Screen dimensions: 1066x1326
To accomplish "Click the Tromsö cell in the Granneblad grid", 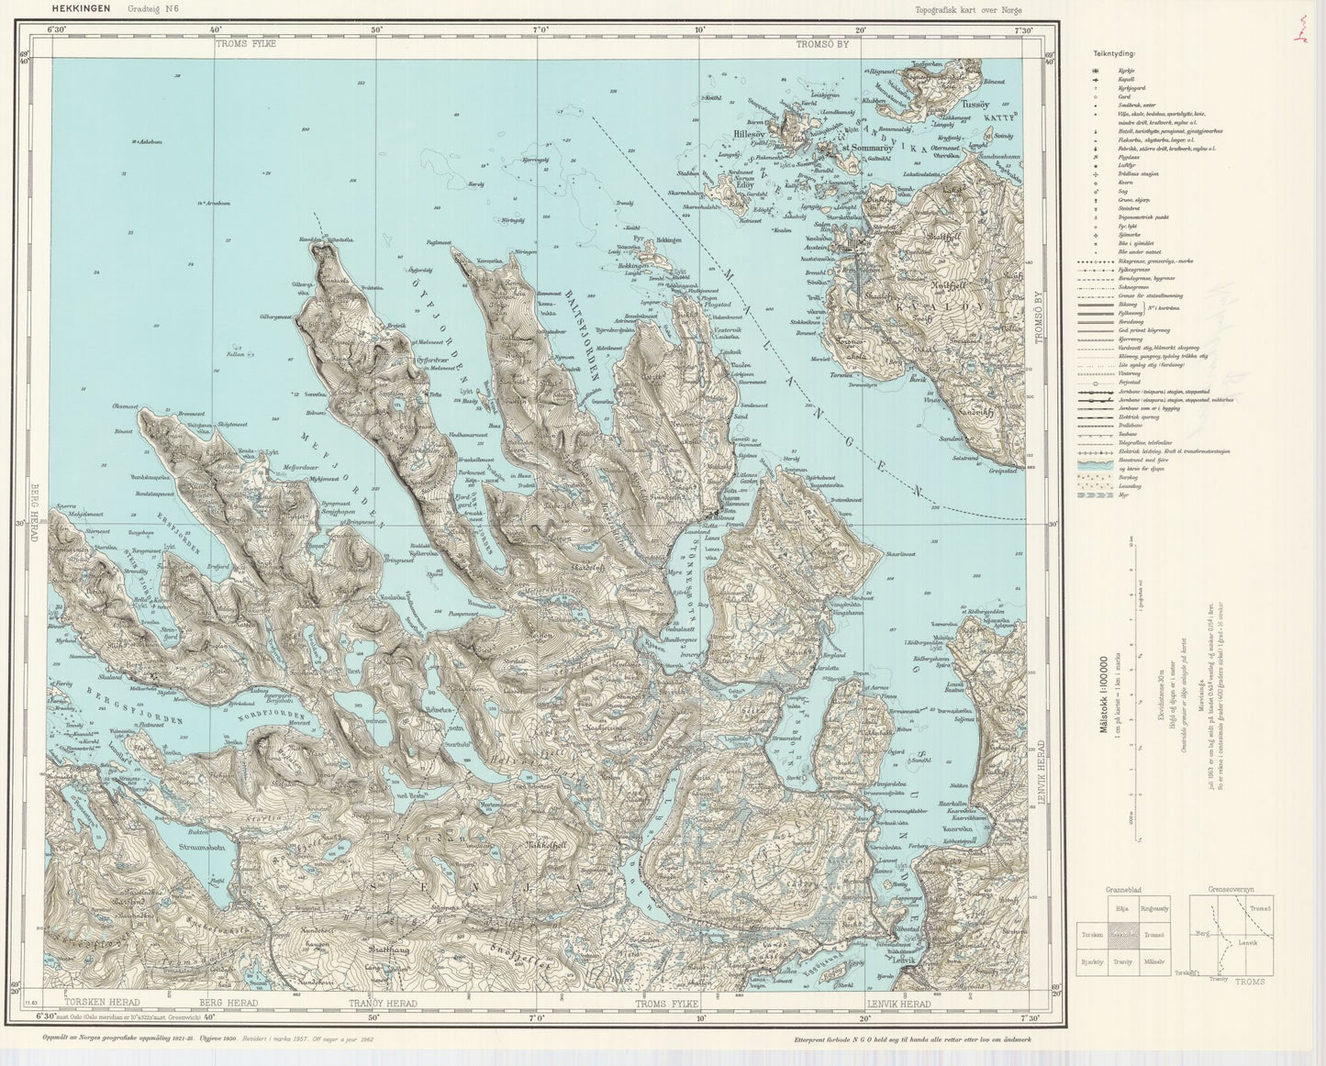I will click(x=1154, y=934).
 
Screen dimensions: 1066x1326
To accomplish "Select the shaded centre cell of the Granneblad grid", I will click(x=1121, y=934).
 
